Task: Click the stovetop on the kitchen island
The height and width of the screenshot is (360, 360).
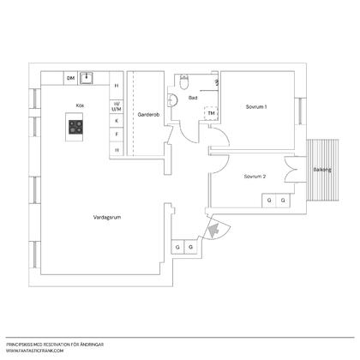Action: coord(75,127)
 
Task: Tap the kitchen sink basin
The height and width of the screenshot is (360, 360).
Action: coord(87,78)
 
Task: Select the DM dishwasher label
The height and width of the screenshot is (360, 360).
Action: coord(70,78)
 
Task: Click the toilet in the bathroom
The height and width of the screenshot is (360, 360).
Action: coord(183,81)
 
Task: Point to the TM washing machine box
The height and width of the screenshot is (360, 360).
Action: coord(211,113)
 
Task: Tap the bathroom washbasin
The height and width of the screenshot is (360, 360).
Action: coord(172,100)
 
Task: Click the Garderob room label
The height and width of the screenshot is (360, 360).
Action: coord(148,115)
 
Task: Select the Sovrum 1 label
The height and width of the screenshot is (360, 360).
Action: coord(256,107)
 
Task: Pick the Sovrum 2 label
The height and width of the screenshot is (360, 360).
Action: coord(255,177)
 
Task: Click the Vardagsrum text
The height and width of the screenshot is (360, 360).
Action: coord(107,218)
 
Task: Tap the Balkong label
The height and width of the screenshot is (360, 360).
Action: coord(322,170)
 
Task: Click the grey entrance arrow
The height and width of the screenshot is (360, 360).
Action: coord(213,230)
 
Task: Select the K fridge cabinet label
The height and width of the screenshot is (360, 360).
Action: coord(117,121)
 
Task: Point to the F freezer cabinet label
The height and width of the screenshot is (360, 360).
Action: coord(117,134)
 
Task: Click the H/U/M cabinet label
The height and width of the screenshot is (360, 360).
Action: coord(117,106)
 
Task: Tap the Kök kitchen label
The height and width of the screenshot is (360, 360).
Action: coord(80,105)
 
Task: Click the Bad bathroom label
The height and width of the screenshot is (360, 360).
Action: coord(193,98)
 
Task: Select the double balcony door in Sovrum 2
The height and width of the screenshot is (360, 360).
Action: coord(291,170)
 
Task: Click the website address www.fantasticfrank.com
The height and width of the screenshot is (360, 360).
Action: coord(34,351)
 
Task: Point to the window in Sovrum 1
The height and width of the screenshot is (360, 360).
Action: coord(301,111)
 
